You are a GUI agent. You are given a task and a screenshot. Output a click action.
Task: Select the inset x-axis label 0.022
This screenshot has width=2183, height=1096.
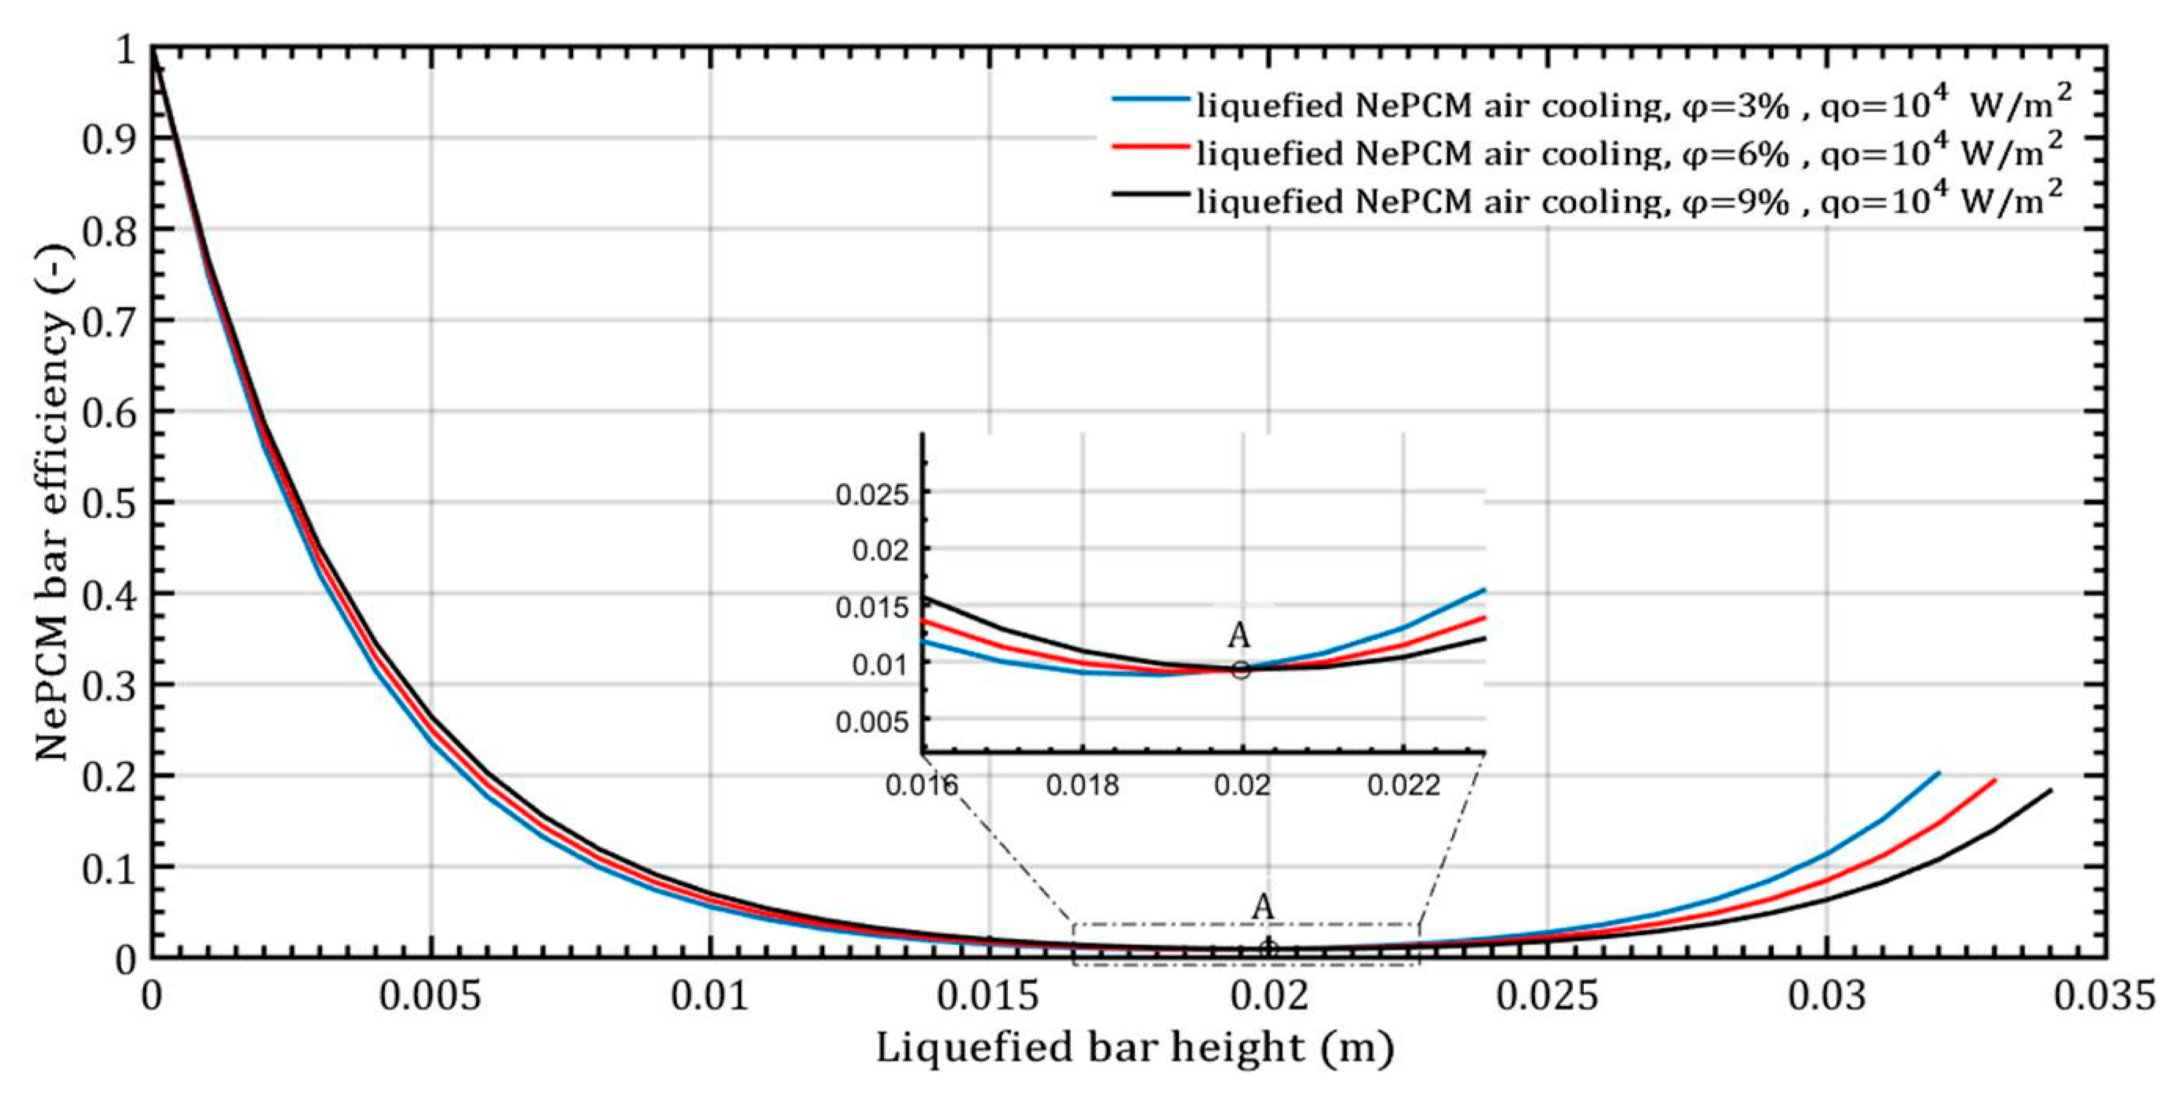1404,785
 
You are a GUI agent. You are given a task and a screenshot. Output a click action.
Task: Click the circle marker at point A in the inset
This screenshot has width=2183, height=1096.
1241,670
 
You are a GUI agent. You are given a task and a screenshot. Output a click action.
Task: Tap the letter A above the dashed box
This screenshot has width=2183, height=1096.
1263,906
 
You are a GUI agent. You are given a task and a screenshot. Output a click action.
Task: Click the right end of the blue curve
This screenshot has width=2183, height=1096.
1938,773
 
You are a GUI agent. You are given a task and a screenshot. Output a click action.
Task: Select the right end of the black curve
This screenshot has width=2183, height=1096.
2051,791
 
